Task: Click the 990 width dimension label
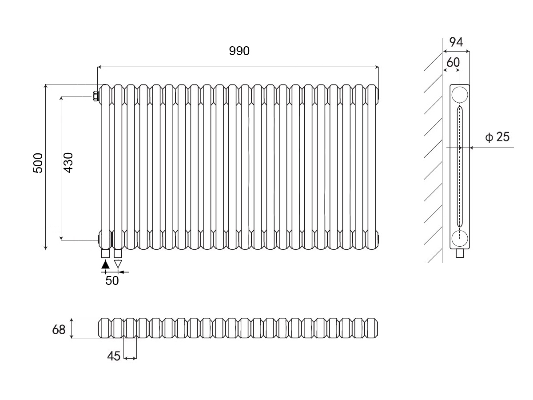239,51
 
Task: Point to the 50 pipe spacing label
112,281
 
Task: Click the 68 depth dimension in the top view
59,330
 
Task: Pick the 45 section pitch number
114,356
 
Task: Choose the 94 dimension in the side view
456,42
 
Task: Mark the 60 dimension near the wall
453,63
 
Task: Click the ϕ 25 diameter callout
497,137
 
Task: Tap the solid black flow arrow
105,264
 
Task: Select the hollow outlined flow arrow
118,264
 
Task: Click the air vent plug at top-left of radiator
95,96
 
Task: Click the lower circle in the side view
460,238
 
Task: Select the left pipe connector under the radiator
105,253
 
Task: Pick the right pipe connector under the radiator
118,253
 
